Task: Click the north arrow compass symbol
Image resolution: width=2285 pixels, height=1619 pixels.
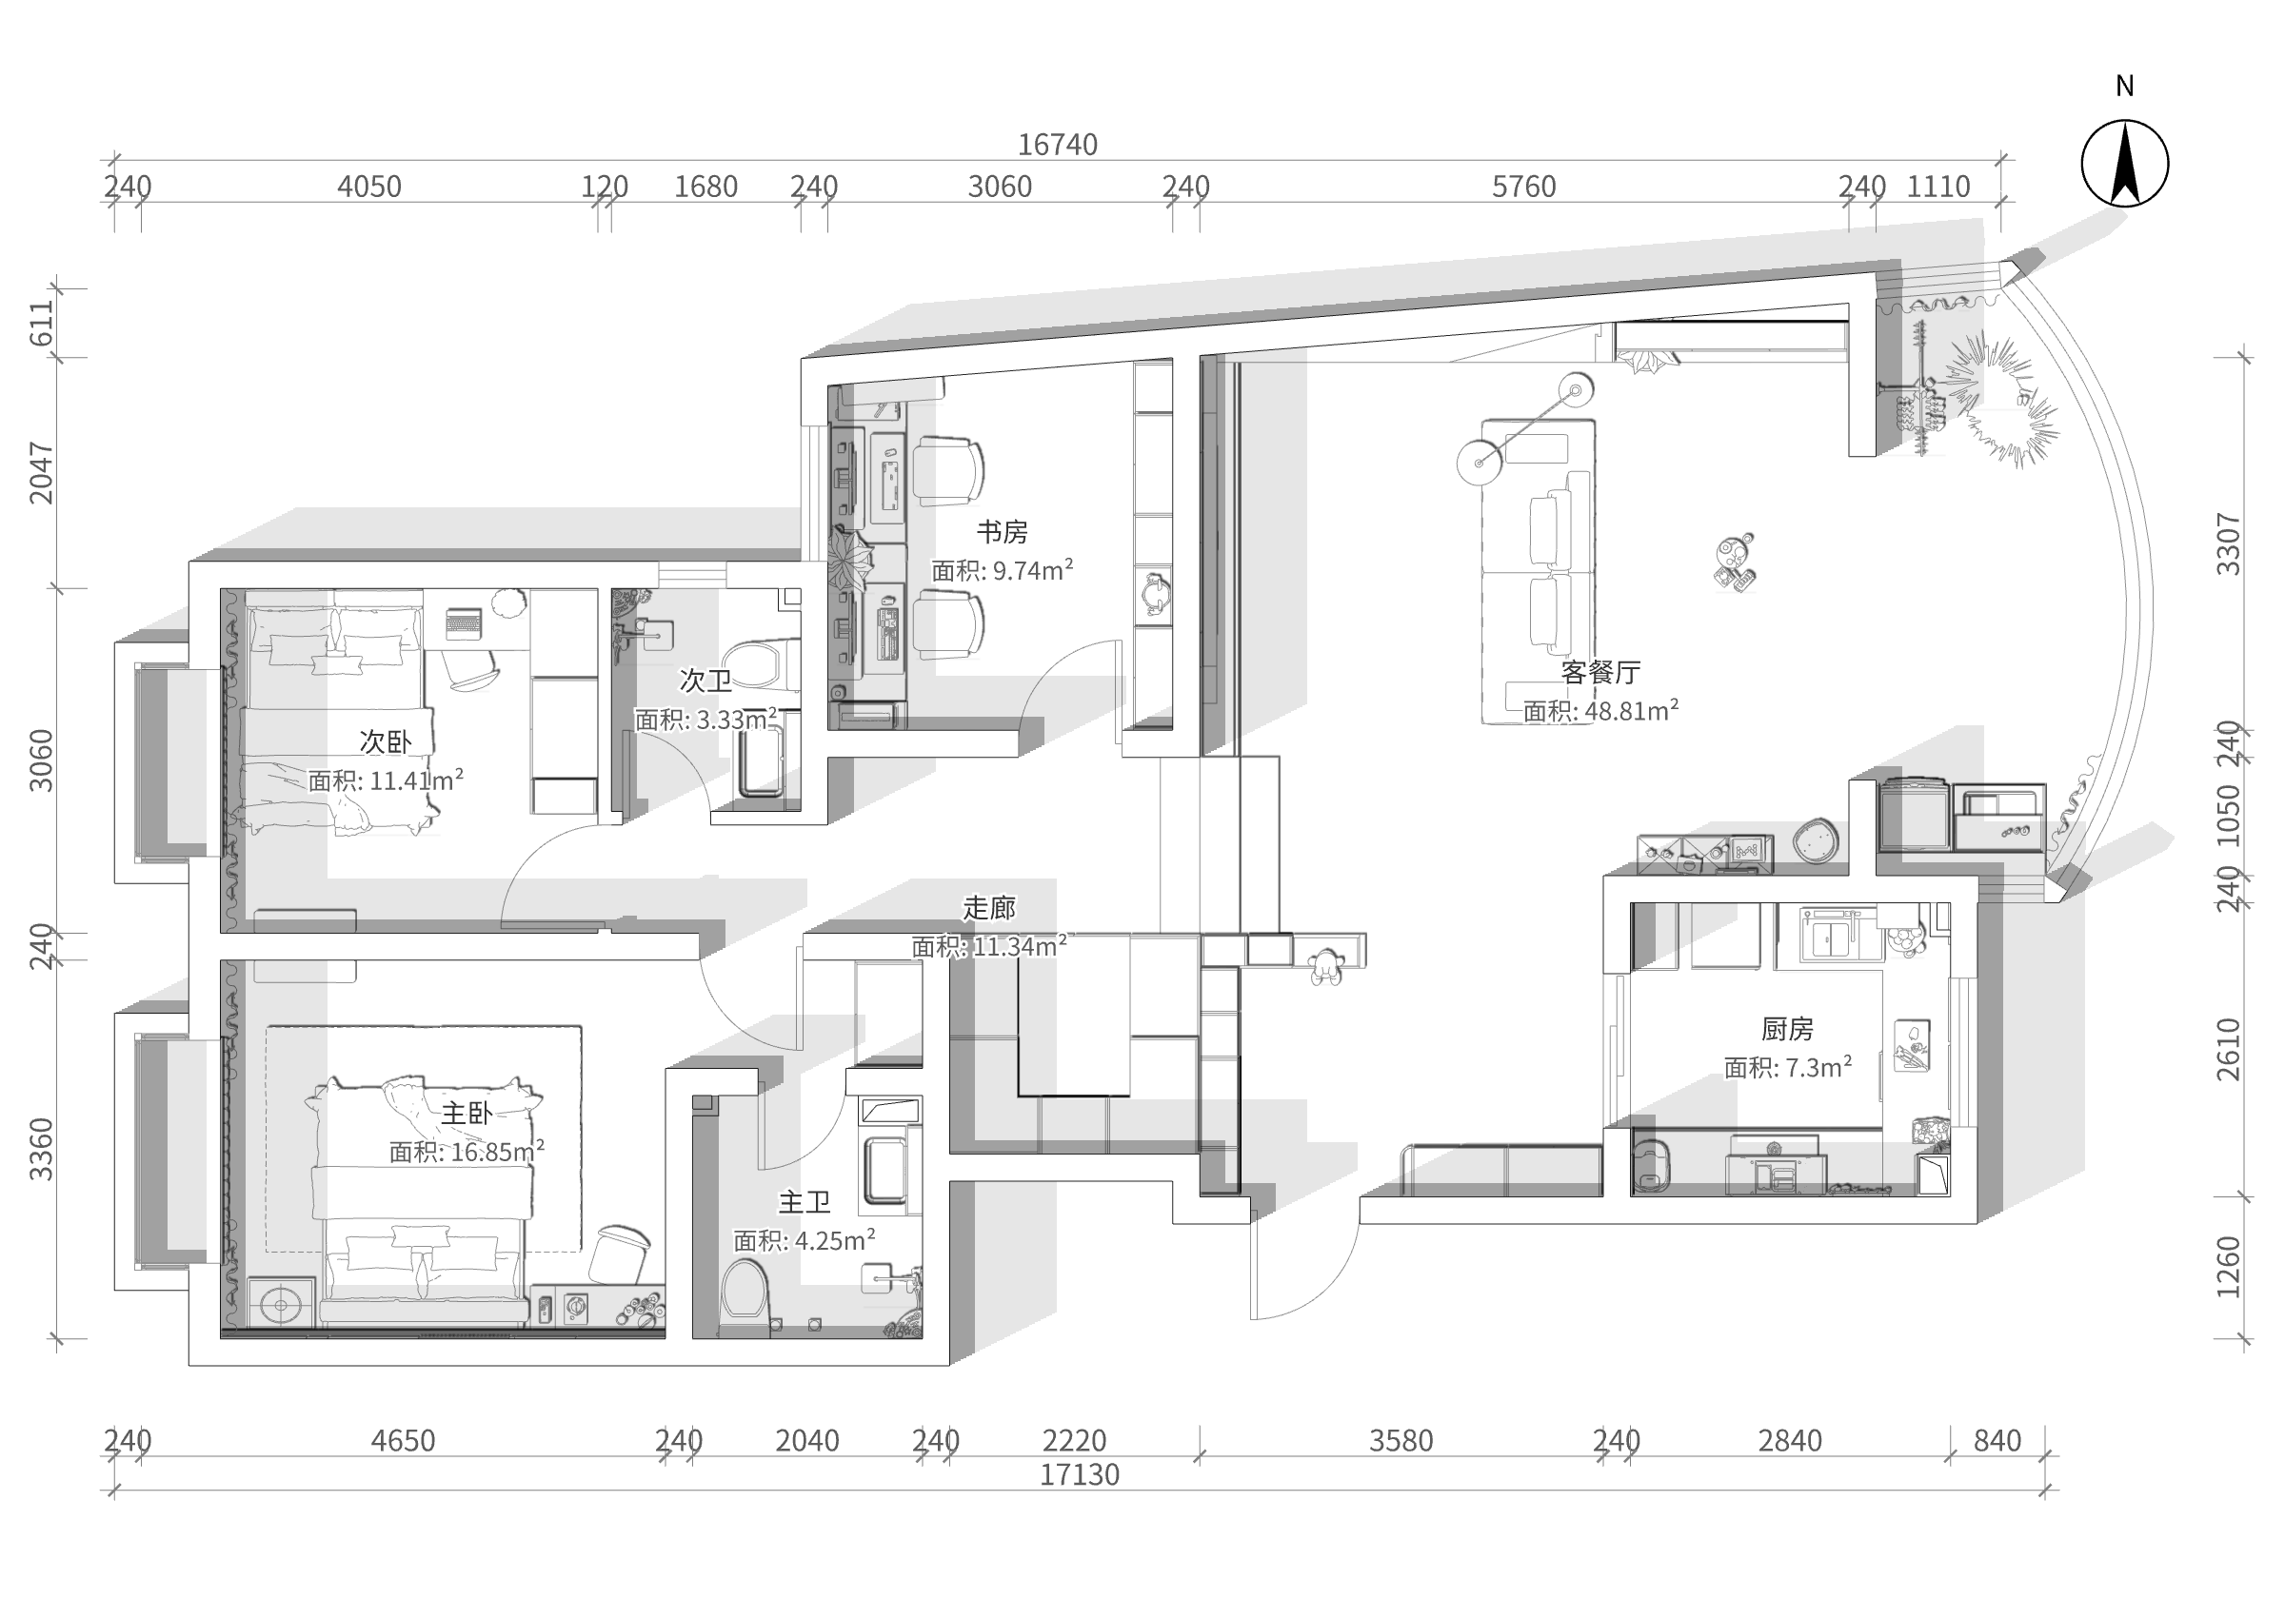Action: [2124, 164]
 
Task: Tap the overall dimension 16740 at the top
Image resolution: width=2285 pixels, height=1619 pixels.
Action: [1057, 146]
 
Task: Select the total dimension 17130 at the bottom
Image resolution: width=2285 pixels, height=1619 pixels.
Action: [1079, 1474]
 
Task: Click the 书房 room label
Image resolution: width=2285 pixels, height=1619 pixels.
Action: [1002, 532]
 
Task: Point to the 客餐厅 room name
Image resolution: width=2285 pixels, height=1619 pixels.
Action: [1600, 672]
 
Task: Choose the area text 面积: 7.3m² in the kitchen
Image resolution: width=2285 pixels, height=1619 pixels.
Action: [1787, 1068]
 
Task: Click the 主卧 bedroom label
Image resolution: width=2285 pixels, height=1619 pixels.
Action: [467, 1114]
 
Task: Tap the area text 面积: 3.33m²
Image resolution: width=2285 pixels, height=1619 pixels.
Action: [705, 719]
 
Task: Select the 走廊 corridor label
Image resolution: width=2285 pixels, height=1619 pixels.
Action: [989, 908]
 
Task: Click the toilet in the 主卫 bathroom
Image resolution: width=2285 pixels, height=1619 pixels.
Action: [744, 1289]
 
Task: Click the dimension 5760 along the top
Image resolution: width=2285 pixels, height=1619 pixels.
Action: [1523, 187]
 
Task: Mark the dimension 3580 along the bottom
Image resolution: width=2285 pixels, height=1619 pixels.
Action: [1401, 1441]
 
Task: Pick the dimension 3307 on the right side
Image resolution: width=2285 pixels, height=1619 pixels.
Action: [2227, 544]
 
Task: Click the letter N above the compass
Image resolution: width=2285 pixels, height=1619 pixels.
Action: [2124, 87]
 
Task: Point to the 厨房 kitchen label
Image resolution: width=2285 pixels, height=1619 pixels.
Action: [1787, 1029]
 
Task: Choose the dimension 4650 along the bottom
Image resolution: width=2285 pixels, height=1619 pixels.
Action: [403, 1441]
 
